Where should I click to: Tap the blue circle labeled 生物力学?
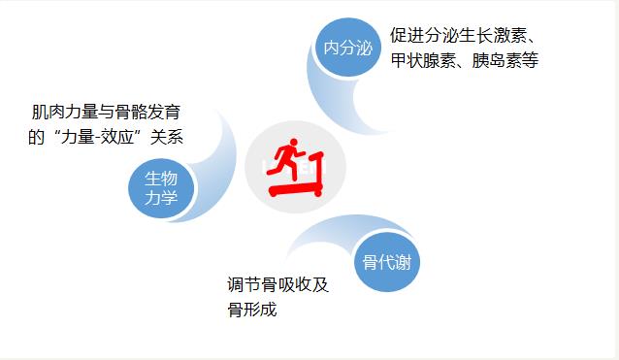162,188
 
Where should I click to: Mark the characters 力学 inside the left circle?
162,199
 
